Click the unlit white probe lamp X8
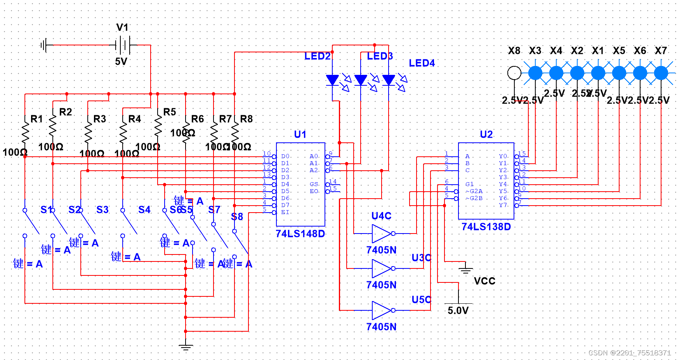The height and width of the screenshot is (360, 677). tap(514, 73)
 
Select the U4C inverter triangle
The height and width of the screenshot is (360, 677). tap(381, 234)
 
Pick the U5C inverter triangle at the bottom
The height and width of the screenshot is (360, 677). tap(381, 310)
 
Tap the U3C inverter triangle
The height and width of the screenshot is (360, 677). tap(381, 268)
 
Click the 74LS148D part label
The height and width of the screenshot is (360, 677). tap(300, 234)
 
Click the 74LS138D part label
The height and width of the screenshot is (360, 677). tap(486, 227)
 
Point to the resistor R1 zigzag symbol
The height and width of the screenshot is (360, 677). tap(25, 133)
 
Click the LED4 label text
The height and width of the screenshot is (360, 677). tap(422, 63)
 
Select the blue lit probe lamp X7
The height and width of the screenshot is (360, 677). tap(661, 73)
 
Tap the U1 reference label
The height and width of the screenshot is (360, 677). tap(300, 134)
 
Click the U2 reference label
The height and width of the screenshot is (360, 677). tap(486, 134)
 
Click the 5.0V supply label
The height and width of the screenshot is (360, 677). tap(458, 310)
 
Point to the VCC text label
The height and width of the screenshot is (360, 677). tap(484, 281)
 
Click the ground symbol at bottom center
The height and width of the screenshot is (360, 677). tap(186, 346)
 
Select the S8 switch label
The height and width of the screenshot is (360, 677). tap(237, 216)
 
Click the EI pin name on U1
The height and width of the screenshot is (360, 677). tap(285, 212)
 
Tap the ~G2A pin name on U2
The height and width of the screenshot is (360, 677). tap(474, 191)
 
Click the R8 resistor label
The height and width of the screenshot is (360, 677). tap(246, 119)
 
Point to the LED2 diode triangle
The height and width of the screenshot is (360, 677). tap(332, 80)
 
